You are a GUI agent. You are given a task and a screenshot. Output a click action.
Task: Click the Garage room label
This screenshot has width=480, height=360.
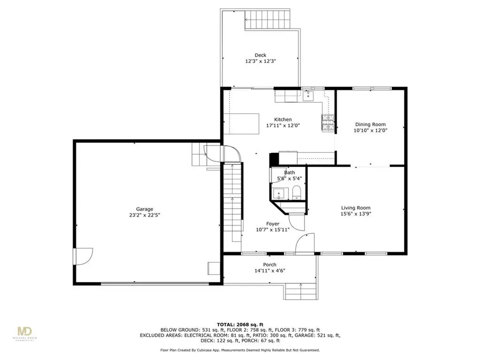click(x=145, y=210)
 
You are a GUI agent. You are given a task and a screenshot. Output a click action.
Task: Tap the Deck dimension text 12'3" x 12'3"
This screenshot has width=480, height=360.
click(x=260, y=61)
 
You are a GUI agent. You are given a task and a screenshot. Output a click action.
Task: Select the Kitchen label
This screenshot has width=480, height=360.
click(x=283, y=120)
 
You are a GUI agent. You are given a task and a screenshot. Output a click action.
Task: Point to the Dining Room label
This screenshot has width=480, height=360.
click(x=370, y=124)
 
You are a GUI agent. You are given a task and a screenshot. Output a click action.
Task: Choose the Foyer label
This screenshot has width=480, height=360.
click(x=273, y=224)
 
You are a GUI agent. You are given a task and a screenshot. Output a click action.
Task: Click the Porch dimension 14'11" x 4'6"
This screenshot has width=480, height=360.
click(x=269, y=270)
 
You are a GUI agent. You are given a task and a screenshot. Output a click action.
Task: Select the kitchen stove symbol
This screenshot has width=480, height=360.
click(x=328, y=122)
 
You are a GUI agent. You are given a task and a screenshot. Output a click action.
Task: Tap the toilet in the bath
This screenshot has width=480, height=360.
click(x=296, y=192)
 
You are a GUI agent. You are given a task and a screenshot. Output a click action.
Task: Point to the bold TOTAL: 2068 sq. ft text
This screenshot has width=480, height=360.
click(x=240, y=324)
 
